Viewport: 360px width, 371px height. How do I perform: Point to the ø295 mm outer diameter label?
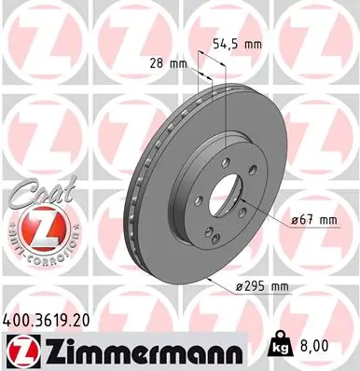tap(262, 288)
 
